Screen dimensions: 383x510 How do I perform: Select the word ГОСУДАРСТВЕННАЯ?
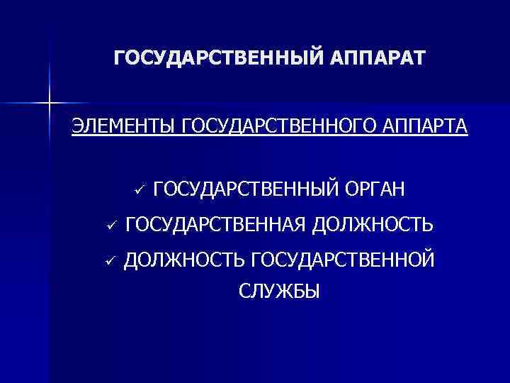(x=215, y=226)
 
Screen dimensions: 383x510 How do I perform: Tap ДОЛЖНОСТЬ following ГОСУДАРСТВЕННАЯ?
(x=373, y=226)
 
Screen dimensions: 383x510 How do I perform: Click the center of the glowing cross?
(x=50, y=104)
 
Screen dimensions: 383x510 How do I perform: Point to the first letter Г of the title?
(x=118, y=57)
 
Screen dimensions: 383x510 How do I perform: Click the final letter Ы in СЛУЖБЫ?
(x=313, y=291)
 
